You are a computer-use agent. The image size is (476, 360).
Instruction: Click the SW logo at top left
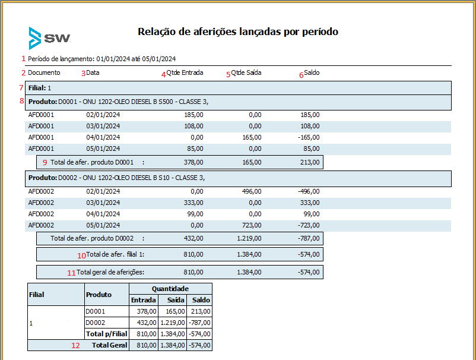[x=49, y=38]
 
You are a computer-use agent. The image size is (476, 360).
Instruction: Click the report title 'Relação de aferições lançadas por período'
[x=238, y=31]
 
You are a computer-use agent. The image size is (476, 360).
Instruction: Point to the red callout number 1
[x=23, y=59]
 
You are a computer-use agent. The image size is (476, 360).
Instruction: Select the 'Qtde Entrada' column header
[x=185, y=72]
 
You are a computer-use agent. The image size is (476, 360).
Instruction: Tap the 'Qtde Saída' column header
[x=246, y=72]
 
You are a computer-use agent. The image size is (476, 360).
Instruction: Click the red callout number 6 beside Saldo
[x=301, y=75]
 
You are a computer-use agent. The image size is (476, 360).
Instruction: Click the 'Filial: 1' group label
[x=40, y=88]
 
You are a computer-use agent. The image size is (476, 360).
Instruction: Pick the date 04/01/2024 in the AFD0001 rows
[x=103, y=137]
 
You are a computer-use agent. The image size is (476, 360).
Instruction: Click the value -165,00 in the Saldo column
[x=309, y=137]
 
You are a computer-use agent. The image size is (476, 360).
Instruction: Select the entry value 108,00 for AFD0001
[x=193, y=126]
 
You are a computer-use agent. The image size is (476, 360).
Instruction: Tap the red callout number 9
[x=45, y=163]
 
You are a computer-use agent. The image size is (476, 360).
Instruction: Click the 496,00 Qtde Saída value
[x=252, y=191]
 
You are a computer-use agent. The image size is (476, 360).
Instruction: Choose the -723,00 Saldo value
[x=309, y=225]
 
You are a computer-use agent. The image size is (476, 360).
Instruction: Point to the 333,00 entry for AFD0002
[x=193, y=203]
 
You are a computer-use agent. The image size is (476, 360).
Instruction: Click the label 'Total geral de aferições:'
[x=110, y=272]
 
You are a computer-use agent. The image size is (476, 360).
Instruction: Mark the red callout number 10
[x=81, y=256]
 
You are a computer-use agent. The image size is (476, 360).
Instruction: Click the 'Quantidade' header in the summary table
[x=170, y=289]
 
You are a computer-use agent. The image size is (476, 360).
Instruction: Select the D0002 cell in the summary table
[x=96, y=323]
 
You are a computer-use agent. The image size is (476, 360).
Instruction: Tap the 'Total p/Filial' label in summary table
[x=107, y=334]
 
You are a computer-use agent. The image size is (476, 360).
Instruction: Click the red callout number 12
[x=75, y=345]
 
